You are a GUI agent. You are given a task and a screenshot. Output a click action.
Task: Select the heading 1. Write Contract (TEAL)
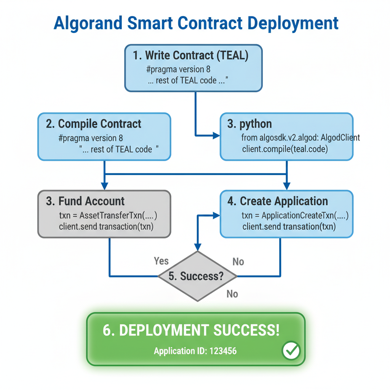click(191, 56)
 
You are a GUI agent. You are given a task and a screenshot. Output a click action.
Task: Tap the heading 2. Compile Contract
click(94, 124)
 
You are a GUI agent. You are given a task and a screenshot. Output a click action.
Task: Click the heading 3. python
click(250, 124)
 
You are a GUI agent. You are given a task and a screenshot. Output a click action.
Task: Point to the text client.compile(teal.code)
click(285, 149)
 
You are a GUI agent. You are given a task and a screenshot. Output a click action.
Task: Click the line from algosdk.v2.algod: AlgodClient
click(300, 137)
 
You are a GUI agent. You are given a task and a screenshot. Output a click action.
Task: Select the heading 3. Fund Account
click(85, 201)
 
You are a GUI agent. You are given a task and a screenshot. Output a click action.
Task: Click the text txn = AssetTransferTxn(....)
click(108, 216)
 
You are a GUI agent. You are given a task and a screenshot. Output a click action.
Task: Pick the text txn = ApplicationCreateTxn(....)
click(295, 216)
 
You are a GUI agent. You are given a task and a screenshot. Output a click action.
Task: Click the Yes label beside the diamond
click(161, 261)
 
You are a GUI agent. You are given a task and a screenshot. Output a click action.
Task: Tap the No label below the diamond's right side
click(232, 294)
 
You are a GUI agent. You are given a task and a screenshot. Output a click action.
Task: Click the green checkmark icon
click(291, 350)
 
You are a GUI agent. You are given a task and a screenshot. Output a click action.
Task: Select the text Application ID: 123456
click(195, 351)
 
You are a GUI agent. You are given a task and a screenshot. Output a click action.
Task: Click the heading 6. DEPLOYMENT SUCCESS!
click(191, 330)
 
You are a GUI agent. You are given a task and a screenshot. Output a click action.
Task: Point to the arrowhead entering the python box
click(217, 135)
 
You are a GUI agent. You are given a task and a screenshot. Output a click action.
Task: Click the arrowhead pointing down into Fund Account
click(105, 187)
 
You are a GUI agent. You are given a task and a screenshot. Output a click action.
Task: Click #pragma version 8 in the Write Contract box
click(178, 70)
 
